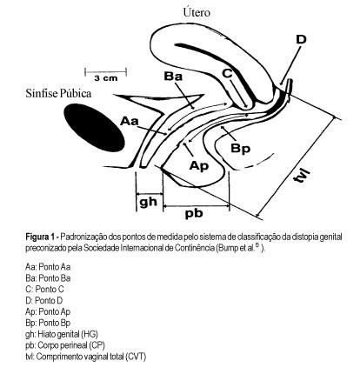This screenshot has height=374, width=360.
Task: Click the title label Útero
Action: (197, 12)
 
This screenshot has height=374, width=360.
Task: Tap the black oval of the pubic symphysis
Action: (94, 128)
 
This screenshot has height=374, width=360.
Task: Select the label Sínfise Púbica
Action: (58, 93)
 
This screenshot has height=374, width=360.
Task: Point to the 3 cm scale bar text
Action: (106, 78)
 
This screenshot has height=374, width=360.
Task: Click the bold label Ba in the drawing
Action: (173, 77)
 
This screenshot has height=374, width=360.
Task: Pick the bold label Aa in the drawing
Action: (130, 121)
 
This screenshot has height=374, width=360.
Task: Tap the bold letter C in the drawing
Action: (227, 73)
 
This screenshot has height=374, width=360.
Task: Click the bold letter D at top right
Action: (301, 39)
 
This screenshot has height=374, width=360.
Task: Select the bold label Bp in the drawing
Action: (240, 149)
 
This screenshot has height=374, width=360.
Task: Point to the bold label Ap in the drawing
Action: (199, 165)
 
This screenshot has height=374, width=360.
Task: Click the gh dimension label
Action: (148, 202)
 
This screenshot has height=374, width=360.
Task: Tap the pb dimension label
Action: (194, 213)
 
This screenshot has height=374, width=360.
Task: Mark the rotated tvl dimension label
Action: (301, 174)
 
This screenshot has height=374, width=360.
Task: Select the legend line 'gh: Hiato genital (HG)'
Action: (62, 334)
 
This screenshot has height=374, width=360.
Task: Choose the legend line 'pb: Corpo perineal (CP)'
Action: (65, 345)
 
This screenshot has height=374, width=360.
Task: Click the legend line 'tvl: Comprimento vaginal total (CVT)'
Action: (86, 357)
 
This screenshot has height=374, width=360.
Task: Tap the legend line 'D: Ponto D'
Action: (44, 300)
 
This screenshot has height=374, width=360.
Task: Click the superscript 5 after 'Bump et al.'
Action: (257, 246)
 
